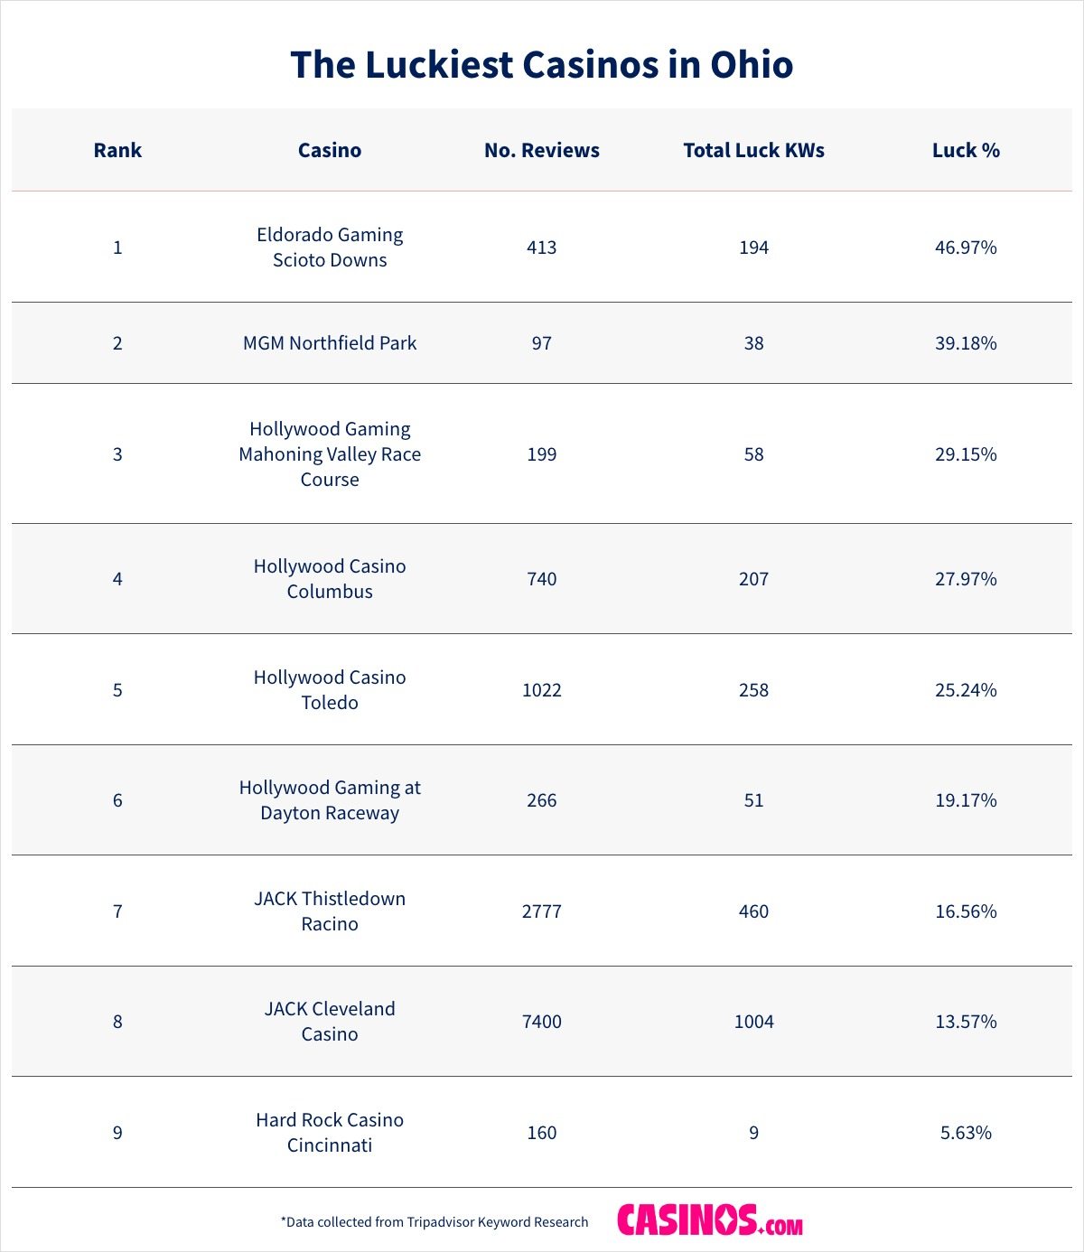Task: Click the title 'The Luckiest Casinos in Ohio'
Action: (x=542, y=65)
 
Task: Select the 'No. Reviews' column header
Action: (x=542, y=150)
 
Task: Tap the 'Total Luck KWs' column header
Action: (x=753, y=150)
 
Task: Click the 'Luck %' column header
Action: (x=966, y=150)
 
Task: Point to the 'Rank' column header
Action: (x=117, y=150)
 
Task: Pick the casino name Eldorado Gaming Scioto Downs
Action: (x=330, y=247)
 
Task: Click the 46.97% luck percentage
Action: (x=966, y=248)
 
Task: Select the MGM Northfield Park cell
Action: (x=330, y=343)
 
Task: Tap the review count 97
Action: (x=542, y=343)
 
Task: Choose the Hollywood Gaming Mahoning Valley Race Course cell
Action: (x=330, y=453)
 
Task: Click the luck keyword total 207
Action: (x=753, y=579)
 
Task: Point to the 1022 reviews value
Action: (x=542, y=690)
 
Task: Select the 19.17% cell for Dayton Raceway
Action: (x=966, y=800)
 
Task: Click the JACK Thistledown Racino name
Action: (x=330, y=911)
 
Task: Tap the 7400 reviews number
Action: (x=542, y=1022)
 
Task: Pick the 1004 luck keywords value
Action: (x=753, y=1022)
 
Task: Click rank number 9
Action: (x=117, y=1133)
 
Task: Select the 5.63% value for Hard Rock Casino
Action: (x=966, y=1133)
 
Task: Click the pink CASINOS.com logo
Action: (x=710, y=1220)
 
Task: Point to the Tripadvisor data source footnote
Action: (x=435, y=1222)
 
